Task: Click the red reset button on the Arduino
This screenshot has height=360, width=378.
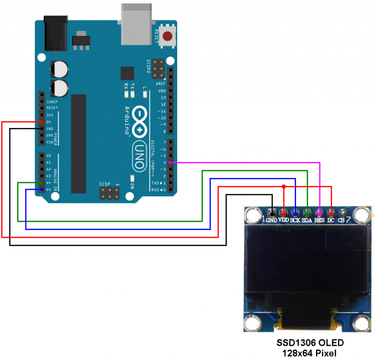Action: tap(168, 36)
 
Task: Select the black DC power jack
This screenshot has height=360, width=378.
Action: tap(55, 32)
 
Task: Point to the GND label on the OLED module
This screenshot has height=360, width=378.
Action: tap(271, 220)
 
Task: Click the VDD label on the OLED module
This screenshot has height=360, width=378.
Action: tap(283, 220)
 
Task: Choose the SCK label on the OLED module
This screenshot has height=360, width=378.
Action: tap(295, 220)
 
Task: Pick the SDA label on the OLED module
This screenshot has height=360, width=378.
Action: tap(307, 220)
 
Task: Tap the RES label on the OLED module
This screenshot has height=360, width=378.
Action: tap(319, 220)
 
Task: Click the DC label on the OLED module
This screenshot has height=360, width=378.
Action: tap(331, 220)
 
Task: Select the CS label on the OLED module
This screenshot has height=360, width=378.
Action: tap(341, 220)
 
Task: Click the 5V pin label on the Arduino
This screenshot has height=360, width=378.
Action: tap(49, 122)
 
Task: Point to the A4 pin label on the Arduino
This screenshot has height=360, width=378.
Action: tap(48, 183)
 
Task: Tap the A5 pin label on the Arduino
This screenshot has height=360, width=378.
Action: tap(48, 190)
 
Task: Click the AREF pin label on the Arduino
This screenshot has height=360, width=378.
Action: tap(161, 84)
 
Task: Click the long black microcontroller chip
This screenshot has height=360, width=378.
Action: tap(79, 143)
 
